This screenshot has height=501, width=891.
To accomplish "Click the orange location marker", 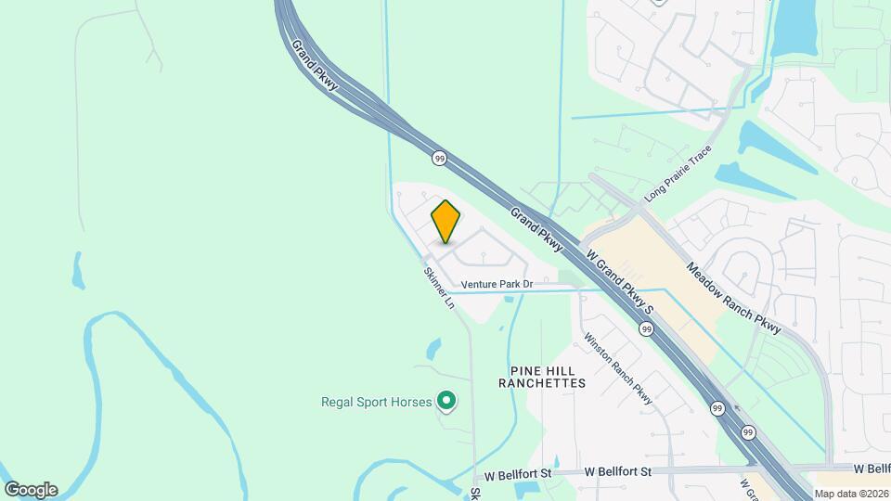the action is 445,222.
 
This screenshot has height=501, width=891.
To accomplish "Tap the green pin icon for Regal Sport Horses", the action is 446,401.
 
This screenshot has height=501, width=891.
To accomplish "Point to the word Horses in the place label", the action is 411,402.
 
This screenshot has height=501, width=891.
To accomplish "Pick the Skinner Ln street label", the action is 439,288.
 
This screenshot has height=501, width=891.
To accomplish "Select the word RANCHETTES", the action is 542,382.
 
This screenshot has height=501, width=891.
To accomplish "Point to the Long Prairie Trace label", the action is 678,173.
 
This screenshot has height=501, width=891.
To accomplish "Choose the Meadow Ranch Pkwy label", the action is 732,298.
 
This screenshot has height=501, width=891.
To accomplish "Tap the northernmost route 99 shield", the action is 440,159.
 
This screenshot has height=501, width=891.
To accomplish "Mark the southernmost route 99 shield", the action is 747,431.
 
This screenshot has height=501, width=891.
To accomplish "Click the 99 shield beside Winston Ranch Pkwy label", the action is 646,328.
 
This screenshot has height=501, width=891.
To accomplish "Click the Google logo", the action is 31,489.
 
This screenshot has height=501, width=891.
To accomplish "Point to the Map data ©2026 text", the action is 850,494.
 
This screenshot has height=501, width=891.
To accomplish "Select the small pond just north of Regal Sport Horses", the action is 433,349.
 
